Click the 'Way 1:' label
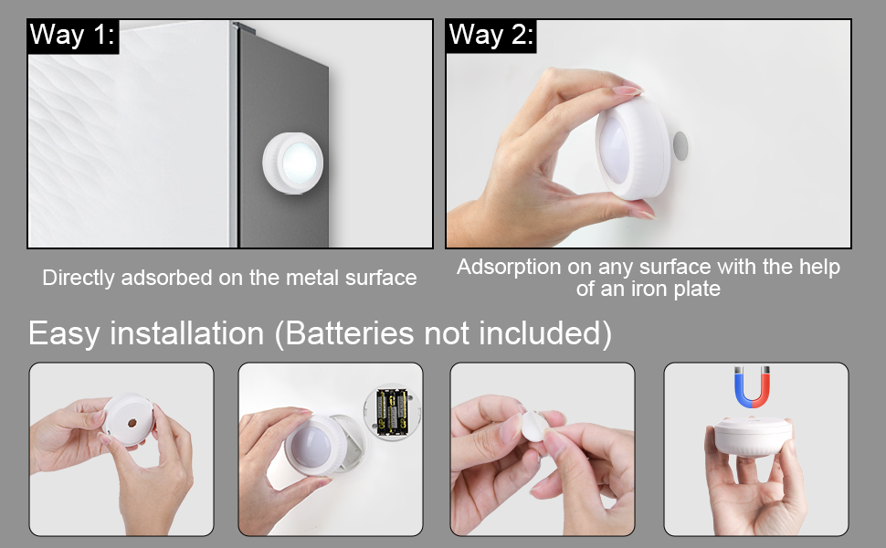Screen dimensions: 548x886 (73, 36)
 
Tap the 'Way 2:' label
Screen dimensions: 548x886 (490, 36)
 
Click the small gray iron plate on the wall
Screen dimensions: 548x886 (680, 145)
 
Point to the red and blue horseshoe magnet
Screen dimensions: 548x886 (754, 387)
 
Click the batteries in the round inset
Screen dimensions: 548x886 (393, 411)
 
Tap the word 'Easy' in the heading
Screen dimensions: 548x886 (64, 333)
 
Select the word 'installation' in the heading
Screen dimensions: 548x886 (187, 333)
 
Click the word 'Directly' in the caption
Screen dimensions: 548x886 (76, 278)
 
